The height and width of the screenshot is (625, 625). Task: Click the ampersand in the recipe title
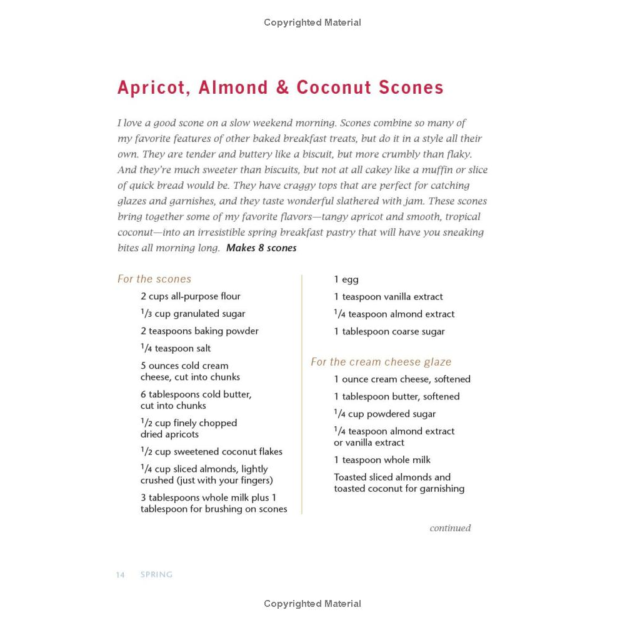[x=283, y=87]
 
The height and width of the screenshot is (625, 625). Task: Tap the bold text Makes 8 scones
[x=261, y=248]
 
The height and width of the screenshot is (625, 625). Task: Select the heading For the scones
[x=154, y=279]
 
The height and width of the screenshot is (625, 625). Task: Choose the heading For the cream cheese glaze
[x=381, y=362]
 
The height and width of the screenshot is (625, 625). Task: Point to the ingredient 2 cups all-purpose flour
[x=191, y=296]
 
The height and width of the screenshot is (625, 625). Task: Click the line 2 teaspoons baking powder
[x=199, y=331]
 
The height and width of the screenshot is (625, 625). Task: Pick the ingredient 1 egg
[x=346, y=279]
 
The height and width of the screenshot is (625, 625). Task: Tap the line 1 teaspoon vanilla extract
[x=388, y=297]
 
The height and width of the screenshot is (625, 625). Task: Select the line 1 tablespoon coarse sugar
[x=389, y=332]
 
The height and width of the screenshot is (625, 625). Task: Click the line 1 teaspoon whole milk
[x=382, y=460]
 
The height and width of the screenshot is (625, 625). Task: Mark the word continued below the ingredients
[x=450, y=528]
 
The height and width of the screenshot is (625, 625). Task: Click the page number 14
[x=120, y=575]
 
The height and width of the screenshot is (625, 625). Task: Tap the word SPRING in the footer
[x=156, y=575]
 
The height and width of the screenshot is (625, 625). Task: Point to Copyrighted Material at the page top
[x=312, y=22]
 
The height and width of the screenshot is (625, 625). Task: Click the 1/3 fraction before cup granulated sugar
[x=146, y=314]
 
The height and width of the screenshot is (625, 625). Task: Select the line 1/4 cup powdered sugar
[x=385, y=414]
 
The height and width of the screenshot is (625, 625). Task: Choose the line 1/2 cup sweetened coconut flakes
[x=211, y=452]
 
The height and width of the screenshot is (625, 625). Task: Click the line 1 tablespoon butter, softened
[x=396, y=396]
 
